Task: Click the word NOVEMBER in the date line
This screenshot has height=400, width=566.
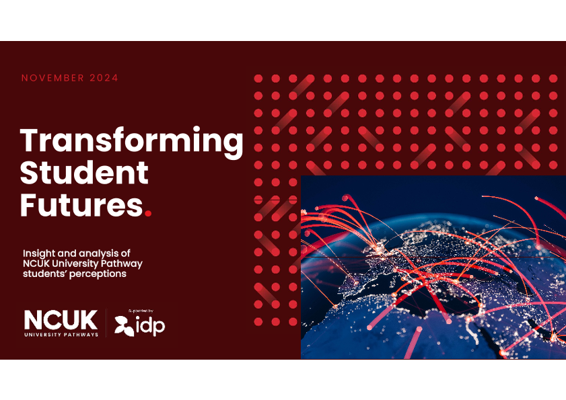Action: [x=52, y=78]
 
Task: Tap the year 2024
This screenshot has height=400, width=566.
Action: [x=104, y=78]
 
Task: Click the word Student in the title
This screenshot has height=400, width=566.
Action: [x=84, y=172]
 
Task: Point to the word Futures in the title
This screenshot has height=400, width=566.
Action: [x=81, y=204]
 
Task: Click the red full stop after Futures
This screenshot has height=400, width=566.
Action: [x=148, y=214]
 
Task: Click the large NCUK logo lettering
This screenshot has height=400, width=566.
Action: [x=61, y=319]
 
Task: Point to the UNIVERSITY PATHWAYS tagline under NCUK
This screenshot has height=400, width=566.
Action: [x=61, y=335]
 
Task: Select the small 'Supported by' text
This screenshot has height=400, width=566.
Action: [x=141, y=311]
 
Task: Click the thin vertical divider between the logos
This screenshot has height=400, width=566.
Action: [x=106, y=323]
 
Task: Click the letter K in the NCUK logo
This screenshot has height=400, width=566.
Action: [x=87, y=319]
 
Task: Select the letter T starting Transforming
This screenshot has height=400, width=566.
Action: [x=32, y=140]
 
